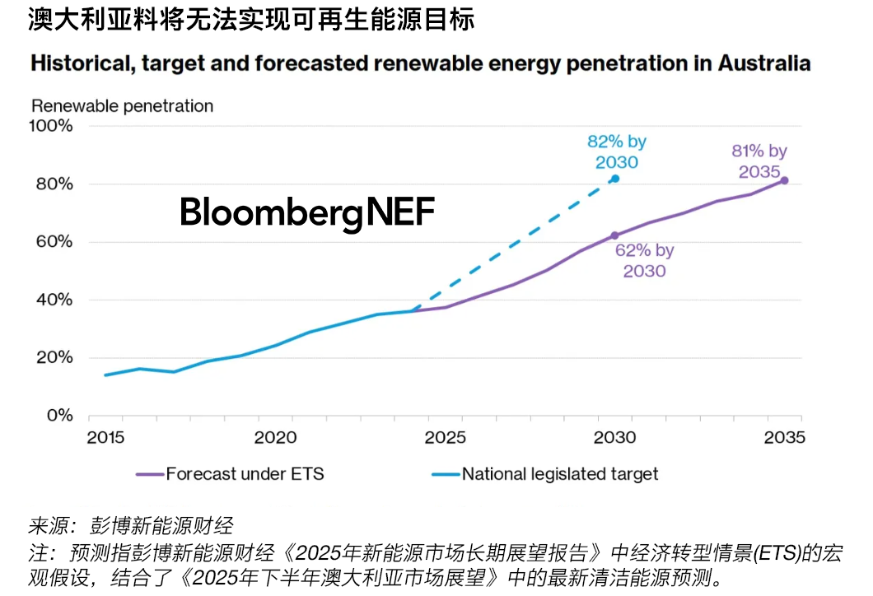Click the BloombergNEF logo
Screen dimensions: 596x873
click(x=306, y=213)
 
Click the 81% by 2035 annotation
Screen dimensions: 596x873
click(x=759, y=161)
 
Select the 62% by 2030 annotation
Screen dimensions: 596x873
click(x=644, y=260)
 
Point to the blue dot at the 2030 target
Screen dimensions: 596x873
click(x=615, y=179)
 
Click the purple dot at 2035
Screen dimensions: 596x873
click(x=784, y=180)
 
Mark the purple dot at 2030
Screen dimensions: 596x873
click(x=614, y=235)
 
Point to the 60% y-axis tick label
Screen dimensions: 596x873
click(x=55, y=242)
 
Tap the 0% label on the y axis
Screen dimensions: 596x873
click(x=60, y=416)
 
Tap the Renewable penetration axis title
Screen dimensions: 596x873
click(x=122, y=106)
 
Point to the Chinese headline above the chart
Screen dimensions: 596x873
click(x=252, y=18)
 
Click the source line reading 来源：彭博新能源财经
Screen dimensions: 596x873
click(x=132, y=525)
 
